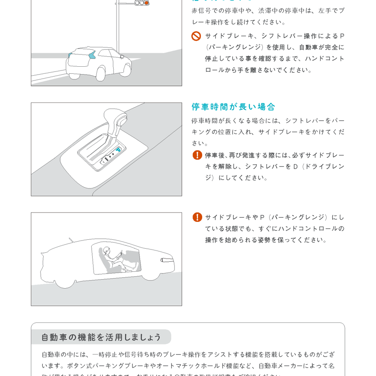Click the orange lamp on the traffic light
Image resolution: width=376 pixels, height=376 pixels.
pos(147,3)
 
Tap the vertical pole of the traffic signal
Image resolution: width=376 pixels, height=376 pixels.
pos(117,28)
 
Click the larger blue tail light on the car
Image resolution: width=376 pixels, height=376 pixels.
pos(92,55)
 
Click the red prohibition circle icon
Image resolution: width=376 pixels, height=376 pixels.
pos(196,36)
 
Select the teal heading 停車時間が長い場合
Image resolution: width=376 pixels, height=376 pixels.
pos(233,107)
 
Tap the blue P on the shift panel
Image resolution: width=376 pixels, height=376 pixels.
pos(118,150)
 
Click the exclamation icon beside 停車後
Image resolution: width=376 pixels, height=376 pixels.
pos(197,155)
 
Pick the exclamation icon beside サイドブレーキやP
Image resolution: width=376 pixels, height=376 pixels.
pos(197,217)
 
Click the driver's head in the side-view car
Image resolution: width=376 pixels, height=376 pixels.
pos(107,251)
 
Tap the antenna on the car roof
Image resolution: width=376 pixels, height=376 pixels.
pos(71,240)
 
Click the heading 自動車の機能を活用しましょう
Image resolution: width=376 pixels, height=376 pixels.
pos(101,337)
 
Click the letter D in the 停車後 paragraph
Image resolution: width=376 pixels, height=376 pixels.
pos(295,166)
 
